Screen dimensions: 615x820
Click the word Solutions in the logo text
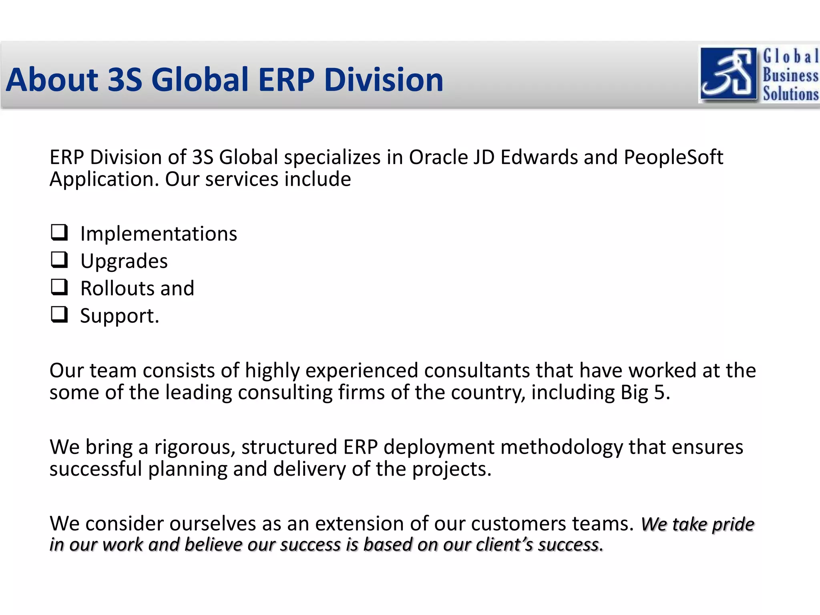pos(790,93)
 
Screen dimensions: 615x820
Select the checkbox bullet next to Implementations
pos(59,232)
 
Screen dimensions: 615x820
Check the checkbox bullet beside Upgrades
pos(59,259)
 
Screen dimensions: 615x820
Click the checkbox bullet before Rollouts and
pos(59,287)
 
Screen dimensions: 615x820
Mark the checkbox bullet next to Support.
pos(59,314)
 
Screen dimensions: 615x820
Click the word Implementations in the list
pos(159,234)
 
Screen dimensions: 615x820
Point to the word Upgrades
pos(124,261)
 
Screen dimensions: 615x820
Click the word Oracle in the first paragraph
pos(438,157)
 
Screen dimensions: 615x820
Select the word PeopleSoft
pos(673,157)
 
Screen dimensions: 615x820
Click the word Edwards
pos(539,157)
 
